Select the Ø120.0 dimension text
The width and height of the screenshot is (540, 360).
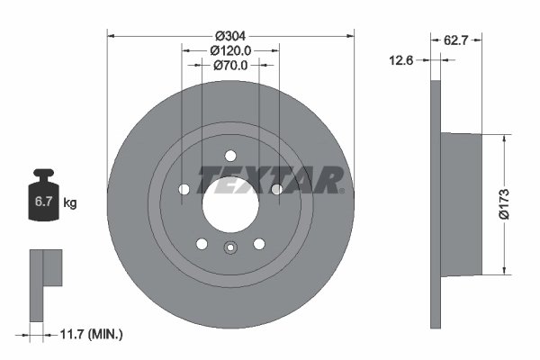[x=230, y=51]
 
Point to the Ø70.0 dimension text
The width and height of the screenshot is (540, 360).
[x=230, y=66]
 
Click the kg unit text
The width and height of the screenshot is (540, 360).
[x=70, y=203]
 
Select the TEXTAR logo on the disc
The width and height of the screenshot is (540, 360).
[x=271, y=179]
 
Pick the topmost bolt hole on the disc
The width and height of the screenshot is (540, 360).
[x=230, y=155]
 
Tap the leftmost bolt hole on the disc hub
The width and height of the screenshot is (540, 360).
[x=184, y=189]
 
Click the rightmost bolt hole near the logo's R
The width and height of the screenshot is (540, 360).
[x=276, y=189]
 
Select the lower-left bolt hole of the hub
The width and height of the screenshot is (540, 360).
[x=202, y=244]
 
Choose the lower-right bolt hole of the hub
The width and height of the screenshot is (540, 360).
[x=259, y=244]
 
